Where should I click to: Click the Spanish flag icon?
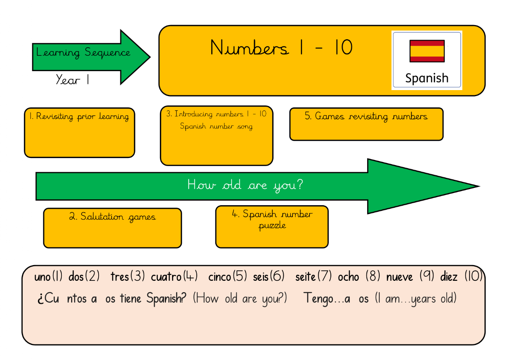427,51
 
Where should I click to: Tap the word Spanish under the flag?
427,78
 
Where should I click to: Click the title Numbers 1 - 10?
281,48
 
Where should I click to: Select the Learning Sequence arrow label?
83,53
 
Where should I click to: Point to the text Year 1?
73,80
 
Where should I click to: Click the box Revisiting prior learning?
79,132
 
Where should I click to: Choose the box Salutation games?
112,227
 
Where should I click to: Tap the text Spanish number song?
216,126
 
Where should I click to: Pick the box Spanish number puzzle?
272,227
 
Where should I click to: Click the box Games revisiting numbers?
366,124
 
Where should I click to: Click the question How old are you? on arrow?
245,185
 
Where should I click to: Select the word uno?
43,277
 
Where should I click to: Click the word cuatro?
166,277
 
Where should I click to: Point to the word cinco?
220,277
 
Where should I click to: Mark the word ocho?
348,277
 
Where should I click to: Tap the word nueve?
400,277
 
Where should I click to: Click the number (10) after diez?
473,277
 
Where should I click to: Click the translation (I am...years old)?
416,299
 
